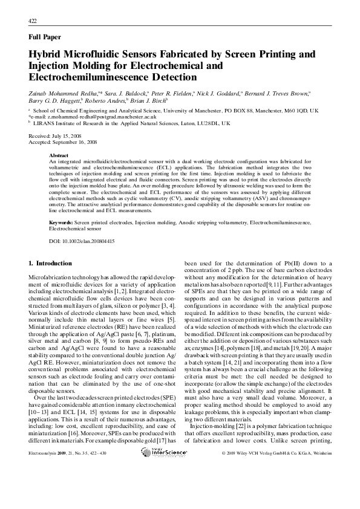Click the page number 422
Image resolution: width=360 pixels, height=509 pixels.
[33, 21]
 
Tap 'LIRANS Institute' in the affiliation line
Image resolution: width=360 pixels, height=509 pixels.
[54, 122]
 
